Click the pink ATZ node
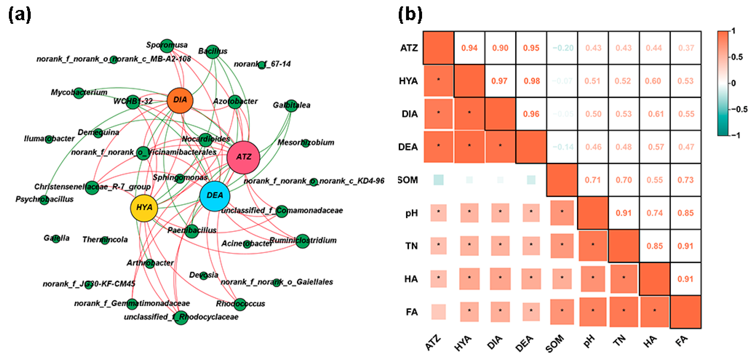point(243,157)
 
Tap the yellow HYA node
point(144,208)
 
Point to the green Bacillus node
point(213,52)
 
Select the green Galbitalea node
point(291,105)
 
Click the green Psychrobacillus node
point(44,200)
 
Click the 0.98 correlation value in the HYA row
point(531,81)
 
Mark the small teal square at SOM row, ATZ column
point(438,180)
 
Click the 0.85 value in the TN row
point(654,246)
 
